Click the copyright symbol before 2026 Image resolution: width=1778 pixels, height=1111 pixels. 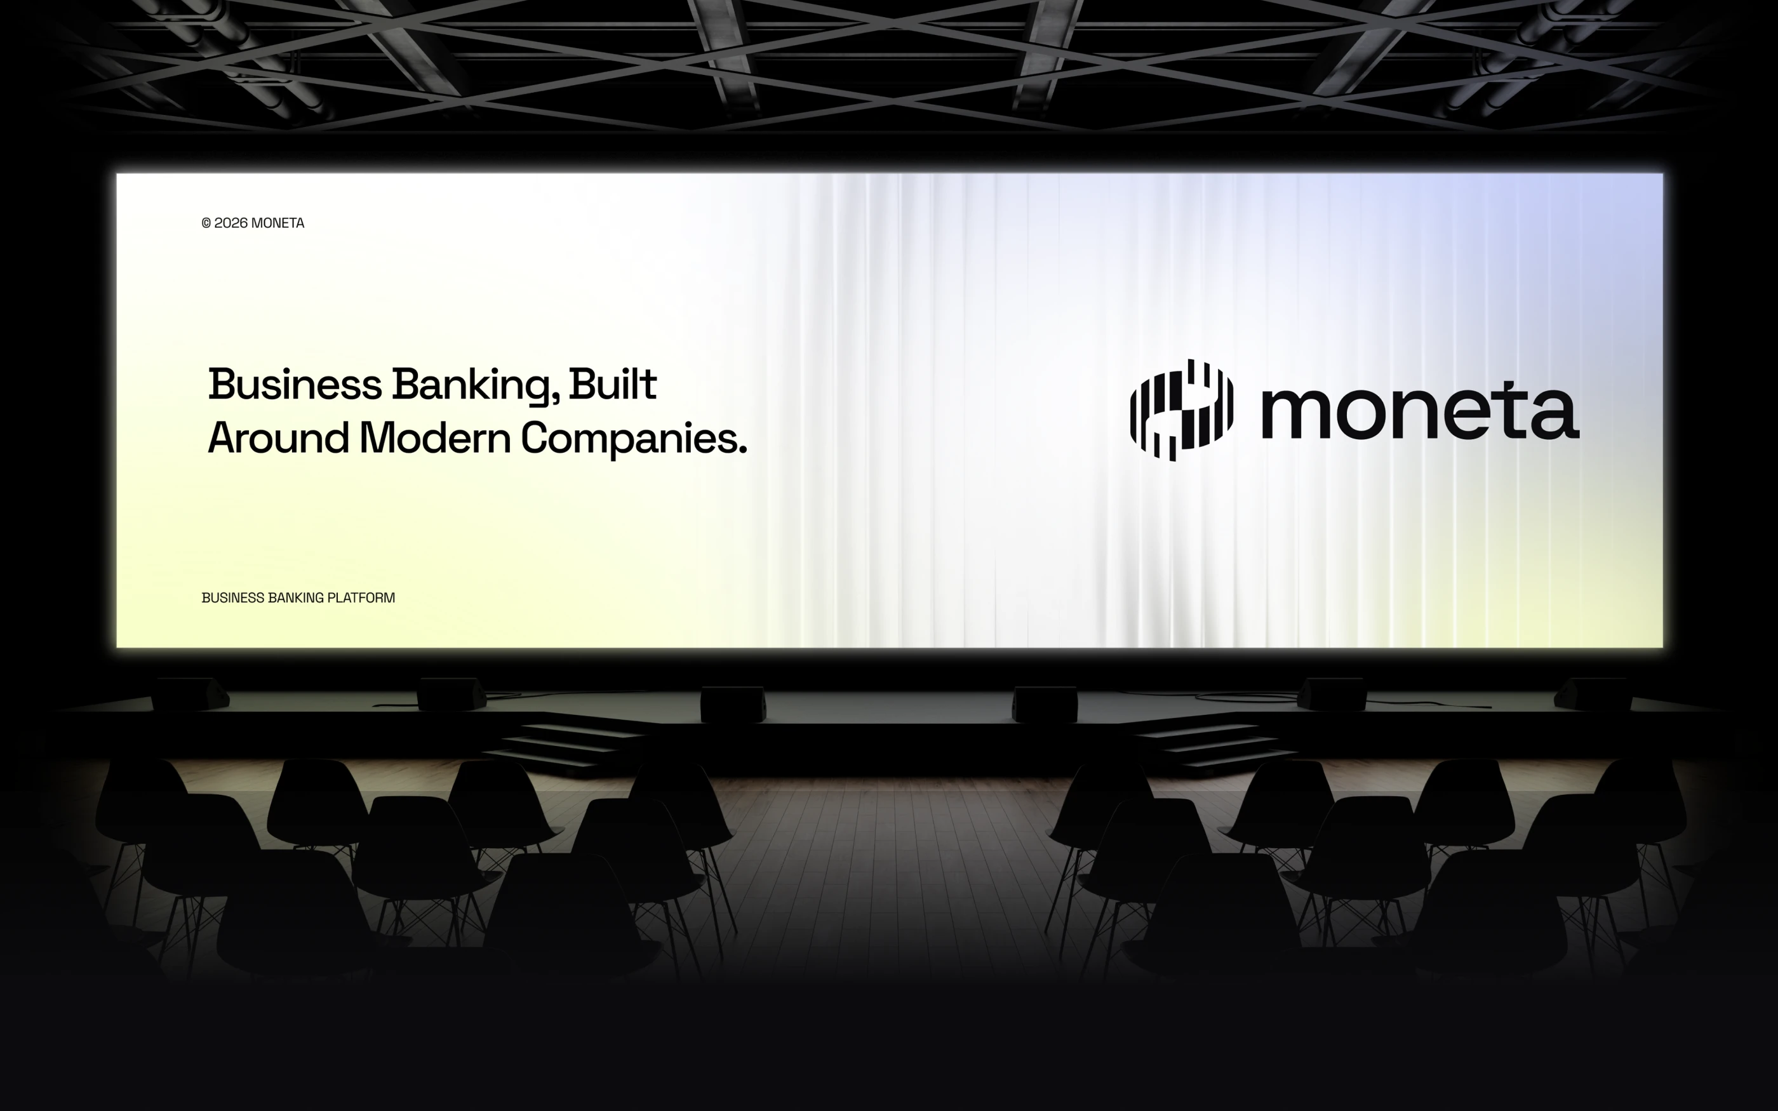coord(206,223)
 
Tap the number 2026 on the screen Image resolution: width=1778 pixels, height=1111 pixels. coord(231,223)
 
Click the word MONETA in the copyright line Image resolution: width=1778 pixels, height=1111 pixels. coord(277,223)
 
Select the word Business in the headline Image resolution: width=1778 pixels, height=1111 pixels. coord(295,384)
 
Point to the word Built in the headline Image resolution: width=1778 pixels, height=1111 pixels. coord(613,384)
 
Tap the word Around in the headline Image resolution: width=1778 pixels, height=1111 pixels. coord(279,438)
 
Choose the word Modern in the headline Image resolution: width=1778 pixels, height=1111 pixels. coord(435,438)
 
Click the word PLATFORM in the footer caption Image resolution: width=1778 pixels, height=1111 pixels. coord(361,598)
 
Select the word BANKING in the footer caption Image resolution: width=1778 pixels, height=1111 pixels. coord(295,598)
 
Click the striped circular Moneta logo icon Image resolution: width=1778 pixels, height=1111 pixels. coord(1181,410)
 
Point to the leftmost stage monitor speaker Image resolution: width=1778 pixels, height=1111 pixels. coord(190,695)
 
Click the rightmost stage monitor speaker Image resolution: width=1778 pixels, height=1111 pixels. coord(1593,695)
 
